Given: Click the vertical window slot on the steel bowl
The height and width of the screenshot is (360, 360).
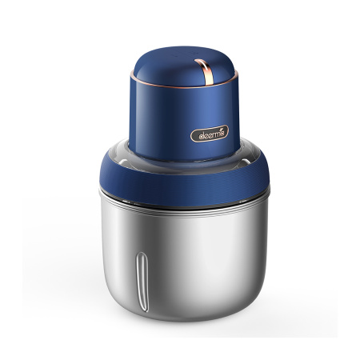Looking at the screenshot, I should tap(143, 277).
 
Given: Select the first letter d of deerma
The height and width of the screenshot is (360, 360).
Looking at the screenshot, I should tap(196, 135).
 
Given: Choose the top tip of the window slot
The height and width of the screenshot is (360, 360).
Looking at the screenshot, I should tap(143, 257).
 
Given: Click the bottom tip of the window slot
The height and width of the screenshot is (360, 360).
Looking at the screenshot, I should tap(143, 298).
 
